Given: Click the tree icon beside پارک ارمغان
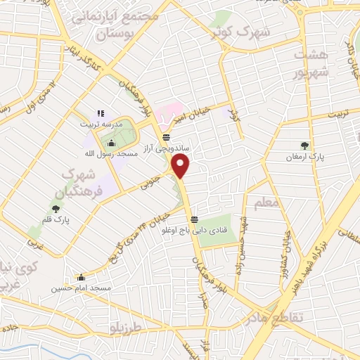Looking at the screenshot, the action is click(304, 146).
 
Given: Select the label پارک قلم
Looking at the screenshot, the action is click(56, 219).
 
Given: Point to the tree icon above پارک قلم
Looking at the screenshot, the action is click(56, 207).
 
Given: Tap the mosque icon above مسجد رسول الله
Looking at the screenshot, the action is click(111, 124).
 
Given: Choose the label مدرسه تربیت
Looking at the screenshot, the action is click(99, 122).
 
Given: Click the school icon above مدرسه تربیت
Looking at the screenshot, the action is click(100, 112).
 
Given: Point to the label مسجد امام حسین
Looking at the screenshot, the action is click(81, 288).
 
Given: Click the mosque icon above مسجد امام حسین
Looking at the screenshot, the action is click(81, 276).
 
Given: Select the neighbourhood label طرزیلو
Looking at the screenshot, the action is click(127, 328).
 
